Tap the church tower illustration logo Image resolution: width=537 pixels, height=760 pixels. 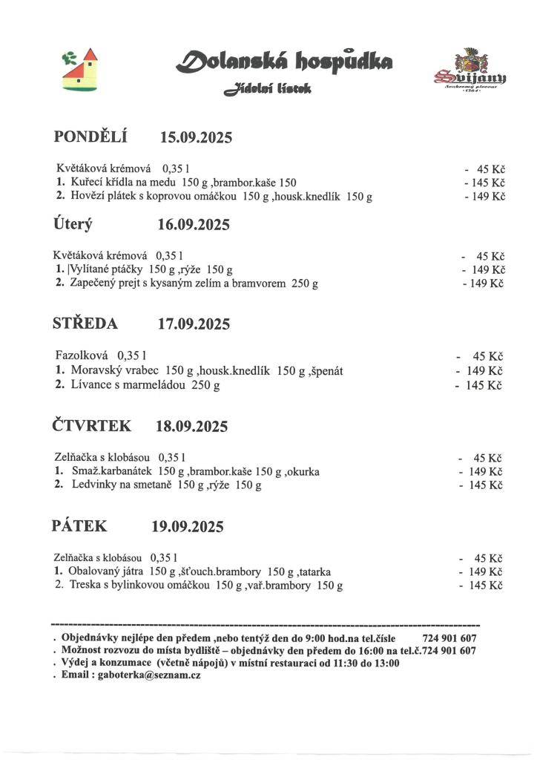pos(80,70)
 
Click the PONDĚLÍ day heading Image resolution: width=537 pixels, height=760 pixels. pos(91,137)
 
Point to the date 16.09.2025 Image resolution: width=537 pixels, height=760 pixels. pos(194,225)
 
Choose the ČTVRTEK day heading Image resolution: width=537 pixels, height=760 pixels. pos(92,426)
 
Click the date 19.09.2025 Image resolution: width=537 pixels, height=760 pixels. pos(188,527)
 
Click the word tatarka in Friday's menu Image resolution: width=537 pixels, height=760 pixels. pos(315,571)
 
